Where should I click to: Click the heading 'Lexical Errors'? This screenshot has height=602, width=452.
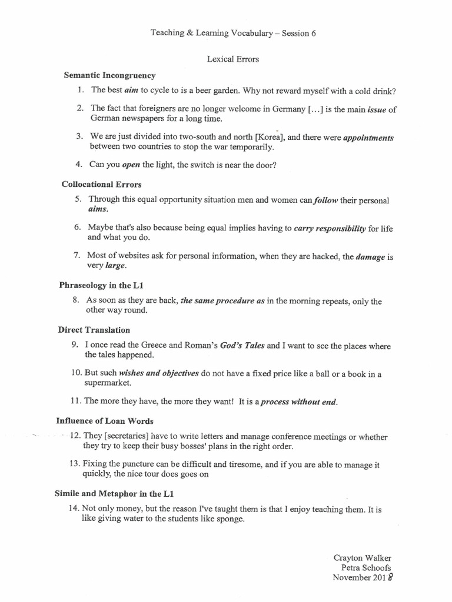232,59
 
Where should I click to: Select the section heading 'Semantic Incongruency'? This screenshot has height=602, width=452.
109,75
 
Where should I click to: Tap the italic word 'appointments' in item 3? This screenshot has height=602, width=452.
368,138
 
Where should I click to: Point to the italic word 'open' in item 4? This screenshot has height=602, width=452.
130,165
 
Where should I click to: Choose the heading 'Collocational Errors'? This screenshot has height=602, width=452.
101,184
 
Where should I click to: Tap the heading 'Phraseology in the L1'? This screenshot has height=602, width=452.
101,285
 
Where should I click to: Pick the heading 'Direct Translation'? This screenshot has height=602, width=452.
94,330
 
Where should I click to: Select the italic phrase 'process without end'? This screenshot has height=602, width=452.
299,402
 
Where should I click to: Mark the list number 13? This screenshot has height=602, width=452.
74,464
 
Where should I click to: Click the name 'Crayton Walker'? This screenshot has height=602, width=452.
362,557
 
